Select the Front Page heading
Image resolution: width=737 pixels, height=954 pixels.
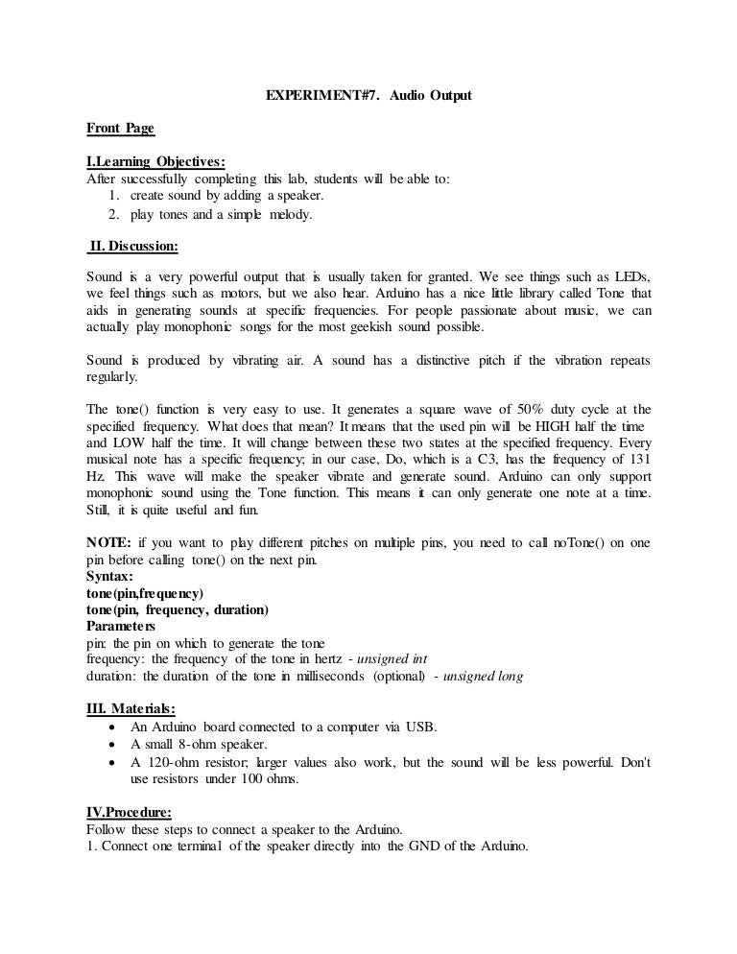click(120, 128)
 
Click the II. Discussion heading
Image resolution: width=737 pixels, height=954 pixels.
click(132, 246)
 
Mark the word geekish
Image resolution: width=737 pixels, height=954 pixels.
click(363, 328)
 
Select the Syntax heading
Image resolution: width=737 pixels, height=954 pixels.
click(110, 577)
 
